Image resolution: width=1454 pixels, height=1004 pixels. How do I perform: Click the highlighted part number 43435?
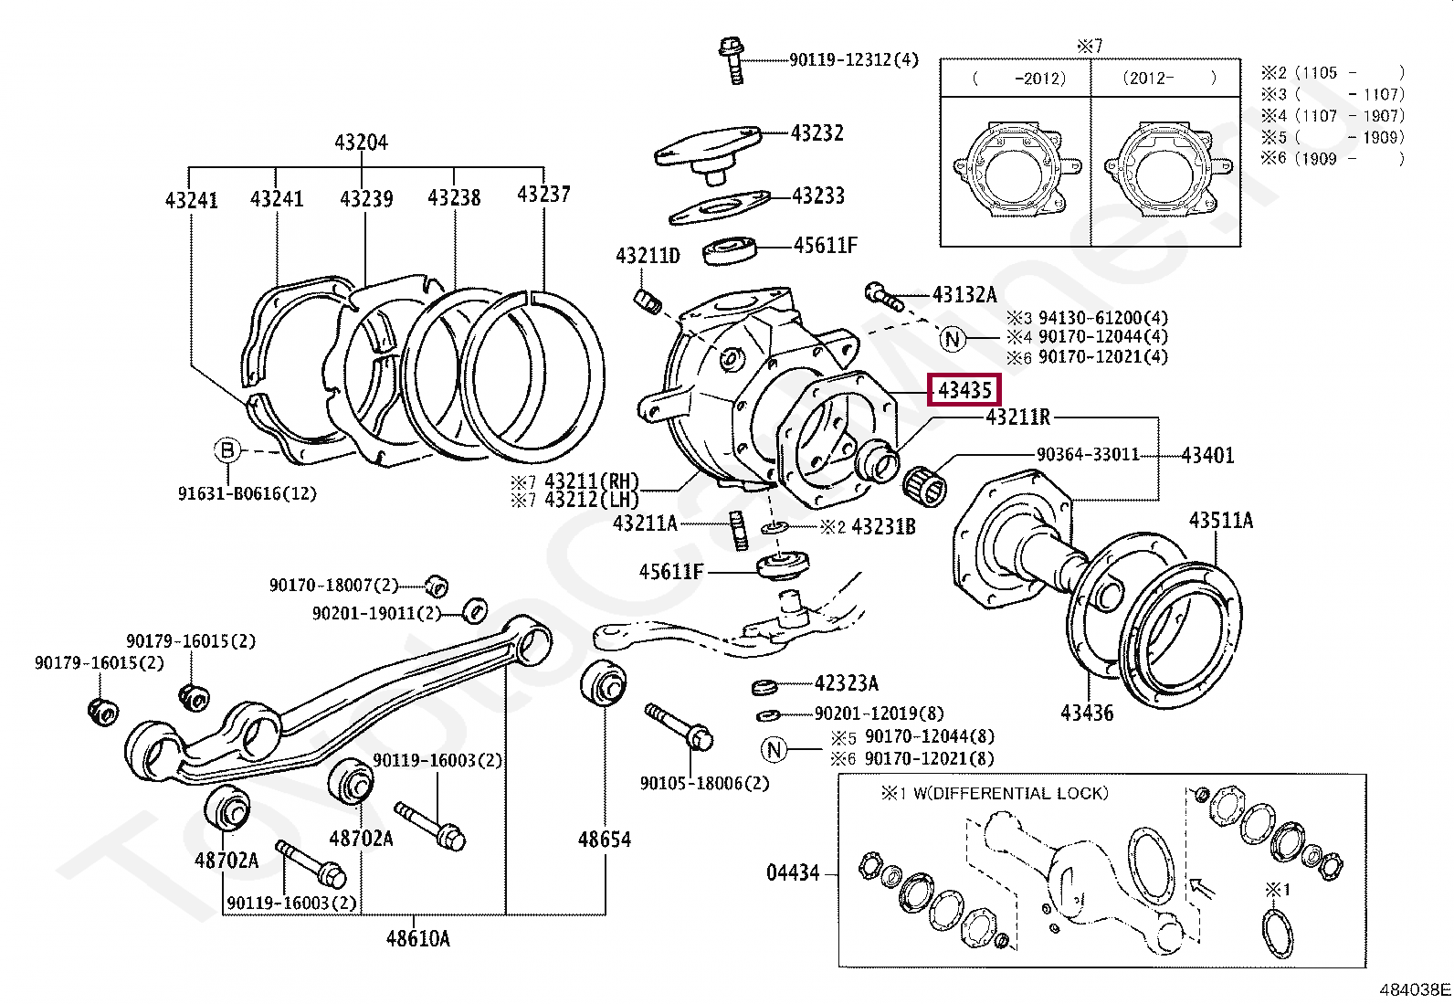[964, 391]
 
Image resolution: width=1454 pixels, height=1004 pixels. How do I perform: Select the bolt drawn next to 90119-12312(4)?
[732, 59]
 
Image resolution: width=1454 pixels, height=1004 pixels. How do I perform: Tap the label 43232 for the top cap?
[817, 133]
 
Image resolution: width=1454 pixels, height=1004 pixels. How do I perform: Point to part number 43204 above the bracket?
[361, 143]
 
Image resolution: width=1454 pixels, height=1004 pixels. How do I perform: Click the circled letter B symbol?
[227, 450]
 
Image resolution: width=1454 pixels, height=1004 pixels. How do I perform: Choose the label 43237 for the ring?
[543, 195]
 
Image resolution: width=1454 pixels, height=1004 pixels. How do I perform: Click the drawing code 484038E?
[1414, 989]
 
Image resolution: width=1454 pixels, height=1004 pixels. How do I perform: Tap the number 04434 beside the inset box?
[793, 873]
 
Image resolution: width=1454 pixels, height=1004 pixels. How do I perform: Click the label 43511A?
[1220, 521]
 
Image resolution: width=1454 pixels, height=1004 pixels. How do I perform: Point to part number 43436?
[1087, 713]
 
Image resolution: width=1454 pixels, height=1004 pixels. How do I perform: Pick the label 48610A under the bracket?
[417, 938]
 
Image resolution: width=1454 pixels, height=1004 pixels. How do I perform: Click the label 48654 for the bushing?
[604, 840]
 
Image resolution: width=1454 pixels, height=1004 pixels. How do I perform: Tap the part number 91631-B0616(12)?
[247, 494]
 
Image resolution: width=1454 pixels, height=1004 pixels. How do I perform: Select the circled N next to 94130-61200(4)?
[953, 340]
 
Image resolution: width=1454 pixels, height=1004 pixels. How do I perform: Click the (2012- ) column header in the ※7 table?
[1168, 79]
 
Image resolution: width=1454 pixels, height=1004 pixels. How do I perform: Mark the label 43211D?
[648, 257]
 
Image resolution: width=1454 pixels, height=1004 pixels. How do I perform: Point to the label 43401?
[1206, 455]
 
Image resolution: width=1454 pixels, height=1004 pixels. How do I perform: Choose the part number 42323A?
[846, 683]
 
